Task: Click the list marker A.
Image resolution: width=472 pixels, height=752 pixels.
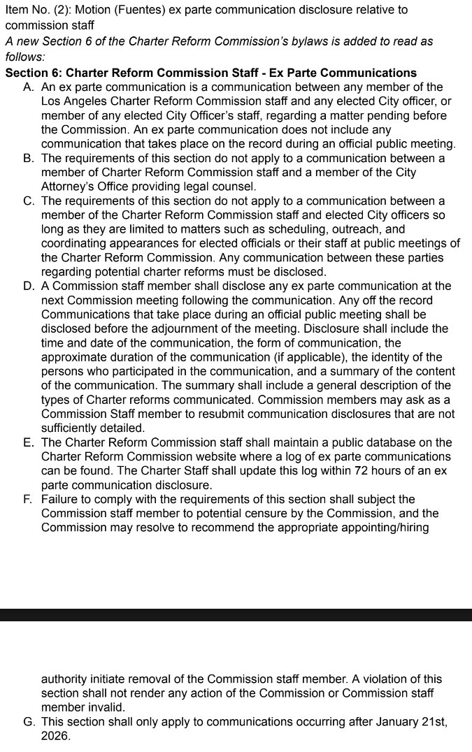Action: pyautogui.click(x=29, y=87)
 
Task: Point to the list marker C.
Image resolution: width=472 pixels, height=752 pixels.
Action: pyautogui.click(x=29, y=201)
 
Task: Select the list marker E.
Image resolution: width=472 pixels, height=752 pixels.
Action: pyautogui.click(x=29, y=443)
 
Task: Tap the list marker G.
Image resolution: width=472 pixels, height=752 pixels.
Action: pyautogui.click(x=29, y=722)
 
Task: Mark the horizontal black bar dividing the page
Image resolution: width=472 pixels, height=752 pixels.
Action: pyautogui.click(x=236, y=615)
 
